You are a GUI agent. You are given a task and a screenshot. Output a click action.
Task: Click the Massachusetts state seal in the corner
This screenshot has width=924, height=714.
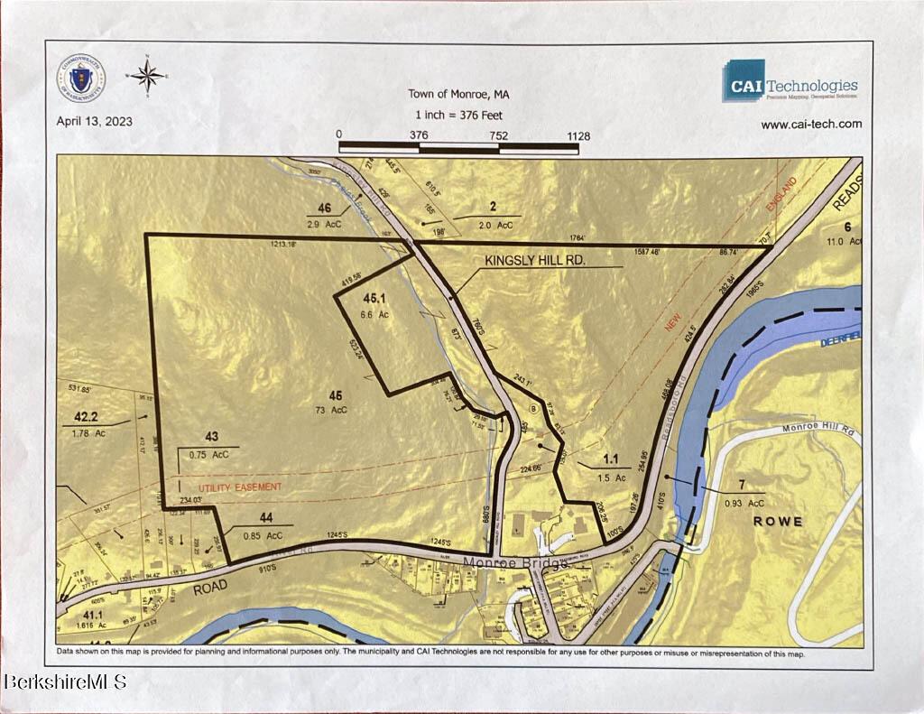point(82,79)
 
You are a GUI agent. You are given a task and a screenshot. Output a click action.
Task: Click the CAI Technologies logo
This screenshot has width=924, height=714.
point(790,81)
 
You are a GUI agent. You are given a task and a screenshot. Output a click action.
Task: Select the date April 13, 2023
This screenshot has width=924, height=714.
point(94,122)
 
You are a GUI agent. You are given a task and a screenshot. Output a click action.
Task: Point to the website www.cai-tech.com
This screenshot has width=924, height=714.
point(810,125)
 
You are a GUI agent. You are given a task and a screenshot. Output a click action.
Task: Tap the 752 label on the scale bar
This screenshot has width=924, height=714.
point(498,135)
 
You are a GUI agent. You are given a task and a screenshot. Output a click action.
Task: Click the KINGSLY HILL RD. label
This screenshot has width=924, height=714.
point(536,260)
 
